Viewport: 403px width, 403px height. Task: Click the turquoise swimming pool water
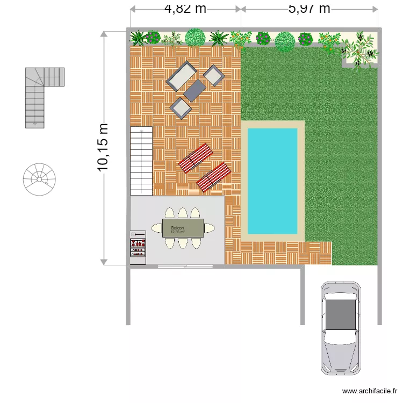pyautogui.click(x=272, y=181)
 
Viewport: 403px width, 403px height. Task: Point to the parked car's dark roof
pyautogui.click(x=341, y=314)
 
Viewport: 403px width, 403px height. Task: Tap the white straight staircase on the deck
pyautogui.click(x=141, y=161)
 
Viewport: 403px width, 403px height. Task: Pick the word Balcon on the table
pyautogui.click(x=177, y=228)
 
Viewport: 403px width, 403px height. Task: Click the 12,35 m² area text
pyautogui.click(x=177, y=232)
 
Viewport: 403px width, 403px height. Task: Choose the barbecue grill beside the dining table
pyautogui.click(x=138, y=247)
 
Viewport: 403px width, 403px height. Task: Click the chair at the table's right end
pyautogui.click(x=209, y=228)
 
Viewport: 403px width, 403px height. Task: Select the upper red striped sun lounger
pyautogui.click(x=195, y=159)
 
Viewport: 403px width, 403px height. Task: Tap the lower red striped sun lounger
pyautogui.click(x=213, y=177)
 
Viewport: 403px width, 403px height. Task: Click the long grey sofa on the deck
pyautogui.click(x=182, y=76)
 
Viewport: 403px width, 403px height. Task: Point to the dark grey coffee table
pyautogui.click(x=195, y=91)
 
